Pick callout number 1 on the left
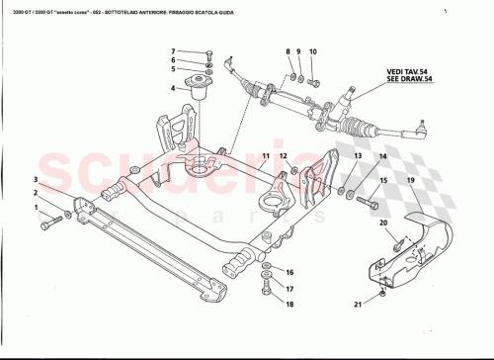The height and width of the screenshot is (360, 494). [x=37, y=209]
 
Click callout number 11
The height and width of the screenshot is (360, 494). [x=266, y=156]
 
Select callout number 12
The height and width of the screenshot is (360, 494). [x=282, y=156]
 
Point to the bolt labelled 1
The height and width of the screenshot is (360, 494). [x=49, y=225]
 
